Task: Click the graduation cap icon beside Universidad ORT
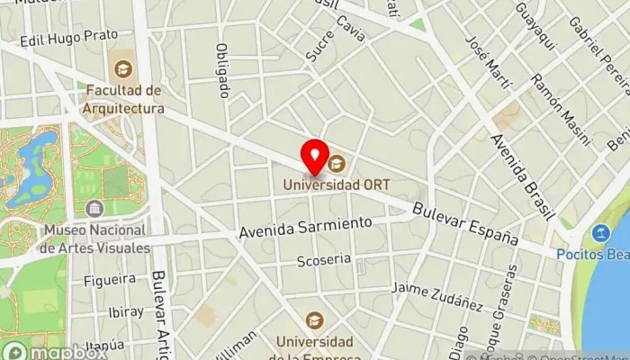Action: point(337,163)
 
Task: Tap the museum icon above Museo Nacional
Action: point(94,210)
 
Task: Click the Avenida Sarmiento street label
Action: point(305,227)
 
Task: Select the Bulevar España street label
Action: point(465,225)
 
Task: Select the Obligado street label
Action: point(222,69)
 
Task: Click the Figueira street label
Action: point(109,280)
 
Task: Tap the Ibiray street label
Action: point(125,312)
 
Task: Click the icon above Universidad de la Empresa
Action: point(314,320)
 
